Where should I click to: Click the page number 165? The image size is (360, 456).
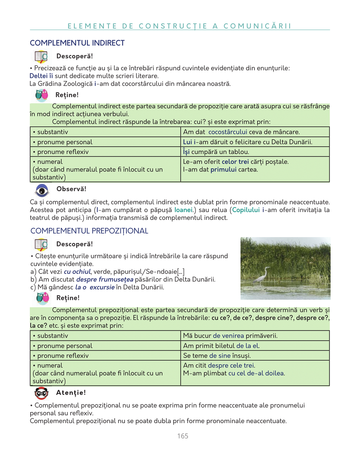click(x=183, y=436)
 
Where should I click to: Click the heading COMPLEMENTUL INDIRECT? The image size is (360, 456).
click(x=77, y=43)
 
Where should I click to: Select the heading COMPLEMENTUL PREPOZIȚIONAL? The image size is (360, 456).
click(x=89, y=231)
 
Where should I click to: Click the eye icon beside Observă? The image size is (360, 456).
click(x=42, y=190)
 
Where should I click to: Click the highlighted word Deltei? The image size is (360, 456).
click(x=39, y=76)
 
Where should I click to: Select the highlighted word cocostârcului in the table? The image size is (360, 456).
click(x=228, y=132)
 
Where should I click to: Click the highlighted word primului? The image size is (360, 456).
click(x=223, y=170)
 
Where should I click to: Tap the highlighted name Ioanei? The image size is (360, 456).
click(x=183, y=210)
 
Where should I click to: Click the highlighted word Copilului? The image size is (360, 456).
click(x=246, y=210)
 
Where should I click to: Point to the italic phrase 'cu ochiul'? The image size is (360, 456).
click(x=77, y=272)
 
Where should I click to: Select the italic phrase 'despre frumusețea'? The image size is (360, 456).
click(x=105, y=279)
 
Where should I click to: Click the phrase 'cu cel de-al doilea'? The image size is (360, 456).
click(x=256, y=373)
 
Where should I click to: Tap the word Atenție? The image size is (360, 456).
click(x=71, y=392)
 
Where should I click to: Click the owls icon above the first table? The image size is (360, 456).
click(x=42, y=95)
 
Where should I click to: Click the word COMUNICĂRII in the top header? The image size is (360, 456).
click(x=257, y=26)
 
